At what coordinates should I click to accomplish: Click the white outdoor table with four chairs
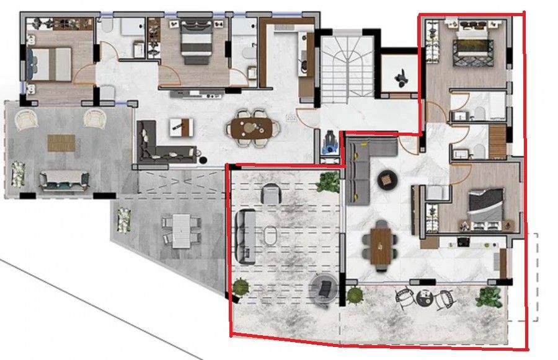tap(182, 230)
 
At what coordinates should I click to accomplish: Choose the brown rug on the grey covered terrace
tap(61, 143)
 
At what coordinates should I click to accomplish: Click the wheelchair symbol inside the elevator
tap(400, 76)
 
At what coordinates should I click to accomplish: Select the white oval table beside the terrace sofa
tap(272, 236)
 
